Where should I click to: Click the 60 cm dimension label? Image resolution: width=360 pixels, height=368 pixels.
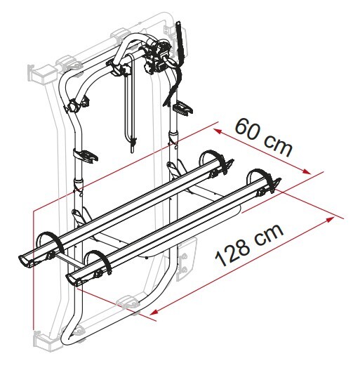(264, 137)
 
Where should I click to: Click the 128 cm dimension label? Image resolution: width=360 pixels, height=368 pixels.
(249, 245)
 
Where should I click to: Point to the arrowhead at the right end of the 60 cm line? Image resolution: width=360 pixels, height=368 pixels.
(307, 171)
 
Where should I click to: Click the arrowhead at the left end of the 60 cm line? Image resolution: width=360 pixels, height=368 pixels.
(218, 131)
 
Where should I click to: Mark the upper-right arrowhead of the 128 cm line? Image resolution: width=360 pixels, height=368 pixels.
(331, 219)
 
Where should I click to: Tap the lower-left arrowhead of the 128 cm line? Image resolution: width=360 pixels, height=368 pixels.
(155, 312)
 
